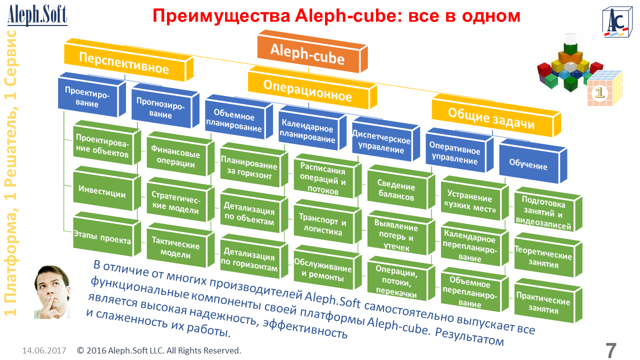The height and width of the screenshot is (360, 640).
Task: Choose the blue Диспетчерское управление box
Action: coord(381,143)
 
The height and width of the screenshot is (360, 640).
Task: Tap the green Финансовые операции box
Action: coord(175,157)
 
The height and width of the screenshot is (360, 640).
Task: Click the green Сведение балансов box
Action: coord(395,191)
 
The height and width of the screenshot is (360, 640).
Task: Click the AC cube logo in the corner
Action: coord(616,22)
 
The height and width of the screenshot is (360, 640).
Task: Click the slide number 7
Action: coord(611,350)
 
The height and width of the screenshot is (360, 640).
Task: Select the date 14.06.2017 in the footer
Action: coord(44,350)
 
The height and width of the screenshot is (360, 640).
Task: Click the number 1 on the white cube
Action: coord(599,92)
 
